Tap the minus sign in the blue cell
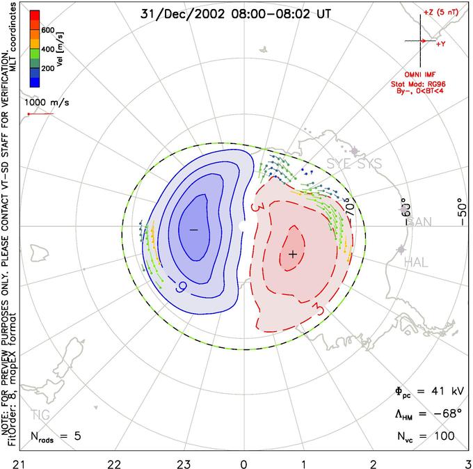coord(193,229)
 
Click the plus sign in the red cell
coord(293,254)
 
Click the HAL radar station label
coord(417,262)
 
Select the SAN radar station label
coord(419,223)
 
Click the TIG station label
coord(40,415)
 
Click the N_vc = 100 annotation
coord(424,436)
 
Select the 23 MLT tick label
coord(184,462)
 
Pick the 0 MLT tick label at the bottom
coord(243,462)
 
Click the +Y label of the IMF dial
coord(441,44)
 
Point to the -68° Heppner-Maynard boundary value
coord(446,414)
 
